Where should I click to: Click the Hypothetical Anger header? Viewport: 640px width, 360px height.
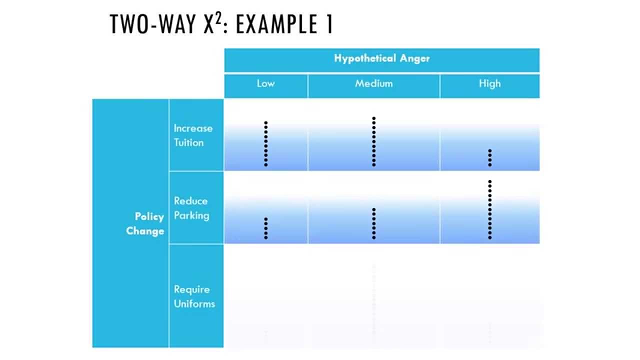tap(382, 58)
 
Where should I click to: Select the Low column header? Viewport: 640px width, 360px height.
tap(265, 83)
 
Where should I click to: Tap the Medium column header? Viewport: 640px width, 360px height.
tap(373, 83)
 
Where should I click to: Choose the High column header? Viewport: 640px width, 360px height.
tap(489, 83)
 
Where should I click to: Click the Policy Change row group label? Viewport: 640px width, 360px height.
tap(145, 223)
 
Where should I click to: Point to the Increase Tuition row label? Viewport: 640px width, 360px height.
tap(193, 135)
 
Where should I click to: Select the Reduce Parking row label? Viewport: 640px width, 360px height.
tap(191, 208)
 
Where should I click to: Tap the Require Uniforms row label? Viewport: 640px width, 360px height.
tap(194, 296)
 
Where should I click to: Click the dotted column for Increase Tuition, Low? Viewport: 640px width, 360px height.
tap(266, 143)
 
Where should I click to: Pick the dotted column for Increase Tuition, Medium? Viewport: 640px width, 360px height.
tap(373, 141)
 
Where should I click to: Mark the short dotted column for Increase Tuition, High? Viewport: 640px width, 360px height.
tap(490, 157)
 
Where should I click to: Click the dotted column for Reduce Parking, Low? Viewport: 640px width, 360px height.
tap(266, 228)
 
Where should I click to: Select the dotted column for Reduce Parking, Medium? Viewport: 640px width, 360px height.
tap(373, 223)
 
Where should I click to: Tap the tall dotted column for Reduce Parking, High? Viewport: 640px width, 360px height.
tap(490, 209)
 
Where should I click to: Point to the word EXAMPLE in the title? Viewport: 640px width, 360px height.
tap(276, 24)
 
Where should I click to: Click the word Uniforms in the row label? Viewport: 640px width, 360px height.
tap(194, 303)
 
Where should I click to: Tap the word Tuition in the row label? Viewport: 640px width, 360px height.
tap(189, 142)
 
